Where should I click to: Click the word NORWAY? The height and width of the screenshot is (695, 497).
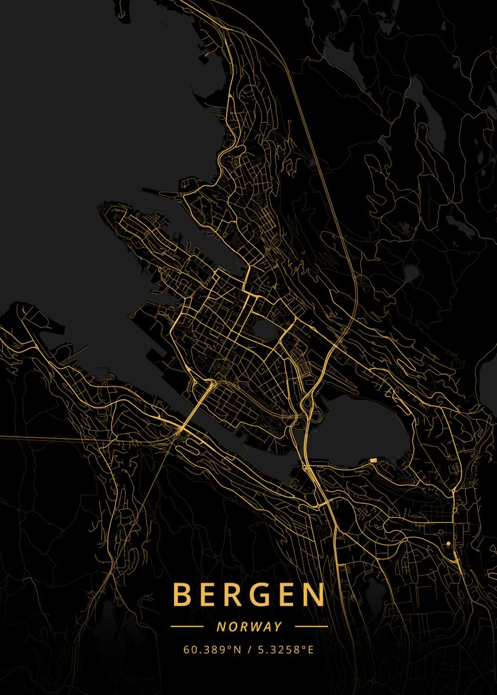(249, 627)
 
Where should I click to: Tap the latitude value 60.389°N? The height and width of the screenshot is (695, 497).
(212, 650)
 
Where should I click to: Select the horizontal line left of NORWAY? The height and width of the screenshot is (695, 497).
(187, 627)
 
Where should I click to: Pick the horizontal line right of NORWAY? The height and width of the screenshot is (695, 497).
(311, 627)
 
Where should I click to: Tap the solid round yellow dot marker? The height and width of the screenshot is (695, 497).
(448, 543)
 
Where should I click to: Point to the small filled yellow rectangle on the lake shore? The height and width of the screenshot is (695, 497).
(372, 460)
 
